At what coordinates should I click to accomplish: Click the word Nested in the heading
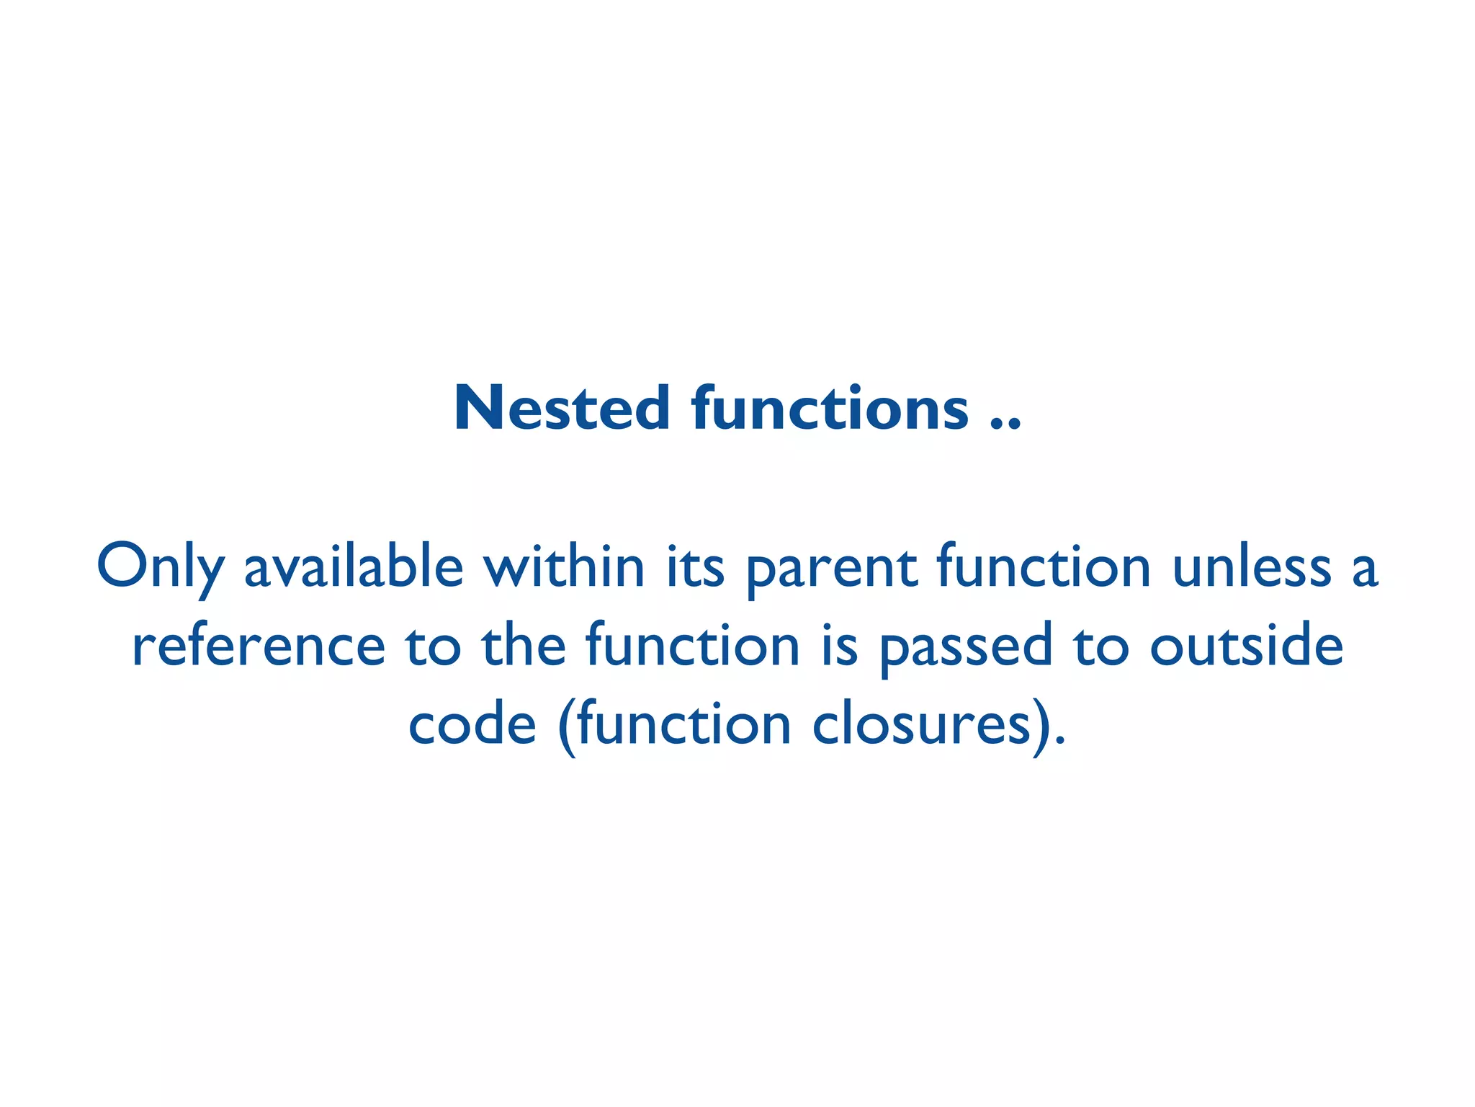click(562, 409)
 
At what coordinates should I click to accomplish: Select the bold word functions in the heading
click(829, 409)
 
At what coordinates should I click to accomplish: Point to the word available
click(354, 566)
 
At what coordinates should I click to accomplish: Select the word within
click(563, 566)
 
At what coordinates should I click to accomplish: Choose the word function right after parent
click(1044, 566)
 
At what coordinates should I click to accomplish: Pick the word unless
click(1252, 566)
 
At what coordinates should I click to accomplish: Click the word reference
click(259, 646)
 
